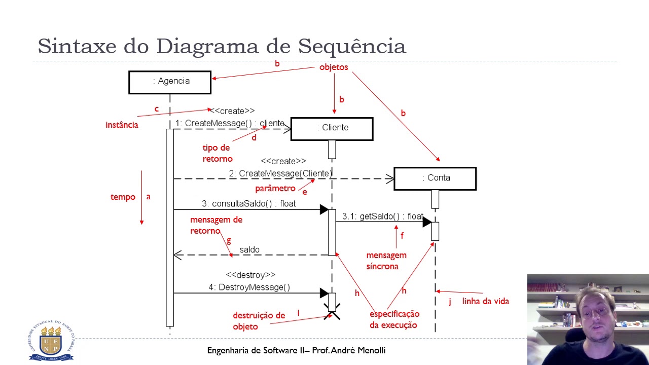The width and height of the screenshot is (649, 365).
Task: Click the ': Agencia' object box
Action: point(170,82)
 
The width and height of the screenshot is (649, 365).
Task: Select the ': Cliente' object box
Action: point(332,129)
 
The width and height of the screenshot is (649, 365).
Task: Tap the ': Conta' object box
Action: point(435,178)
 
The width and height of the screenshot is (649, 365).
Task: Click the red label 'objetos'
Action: point(334,67)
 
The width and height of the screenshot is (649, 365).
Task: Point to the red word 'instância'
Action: point(122,125)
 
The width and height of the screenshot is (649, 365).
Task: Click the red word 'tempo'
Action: point(123,197)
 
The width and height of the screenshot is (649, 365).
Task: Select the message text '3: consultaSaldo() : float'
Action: point(248,204)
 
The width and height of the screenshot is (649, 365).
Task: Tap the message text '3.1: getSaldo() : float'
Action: point(382,216)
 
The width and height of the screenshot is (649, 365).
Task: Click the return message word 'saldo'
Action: point(249,250)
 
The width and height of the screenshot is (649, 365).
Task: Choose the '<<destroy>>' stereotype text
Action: point(250,275)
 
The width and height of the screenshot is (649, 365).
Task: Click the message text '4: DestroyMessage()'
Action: point(249,287)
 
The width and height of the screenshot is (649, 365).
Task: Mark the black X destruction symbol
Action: point(332,311)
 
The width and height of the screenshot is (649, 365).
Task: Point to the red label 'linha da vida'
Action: point(485,302)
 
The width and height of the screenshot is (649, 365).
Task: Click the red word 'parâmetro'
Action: point(275,189)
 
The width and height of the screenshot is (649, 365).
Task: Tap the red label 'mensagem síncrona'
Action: point(386,261)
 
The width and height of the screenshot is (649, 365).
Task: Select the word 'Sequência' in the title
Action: point(352,46)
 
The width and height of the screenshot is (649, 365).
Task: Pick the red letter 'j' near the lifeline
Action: point(450,302)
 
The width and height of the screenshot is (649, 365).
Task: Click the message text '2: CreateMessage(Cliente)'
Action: point(280,174)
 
